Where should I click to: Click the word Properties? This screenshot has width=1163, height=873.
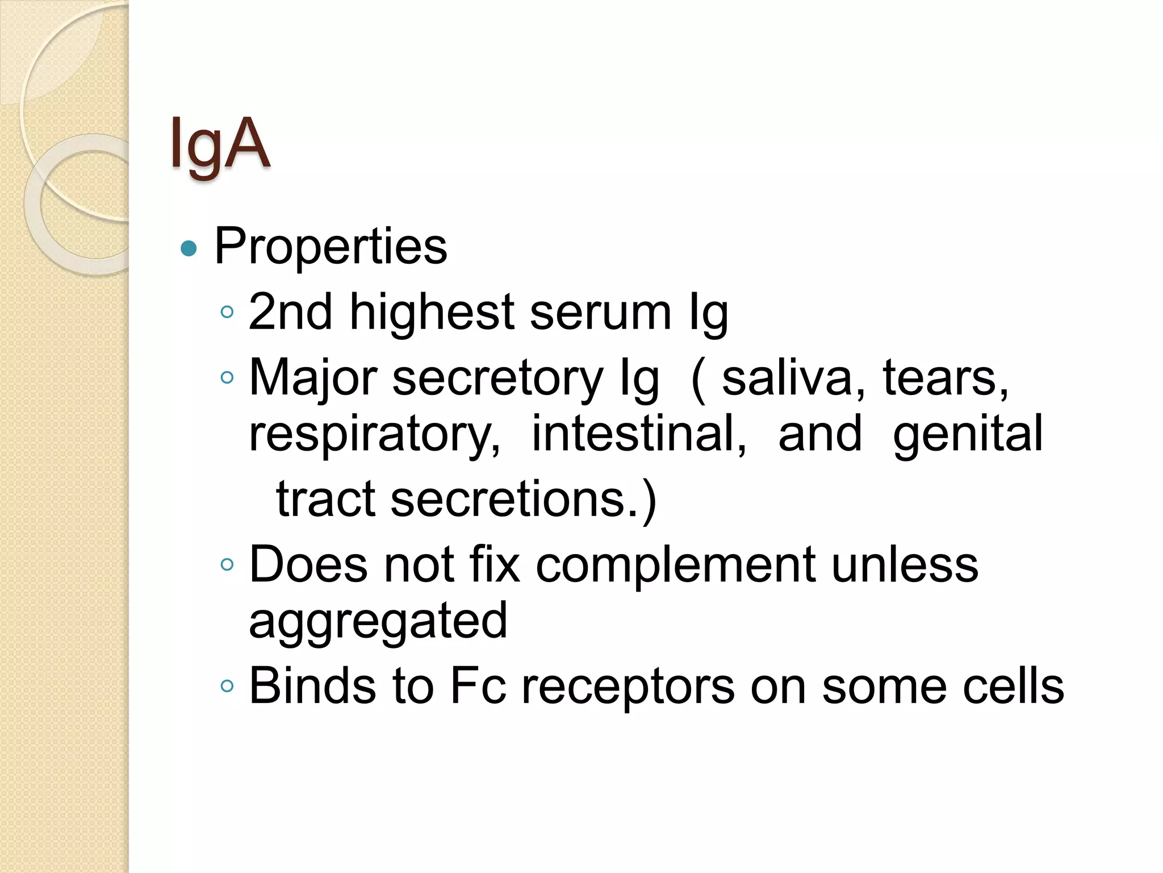click(331, 247)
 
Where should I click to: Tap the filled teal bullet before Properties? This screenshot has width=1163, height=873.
click(188, 248)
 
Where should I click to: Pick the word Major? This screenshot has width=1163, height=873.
click(313, 378)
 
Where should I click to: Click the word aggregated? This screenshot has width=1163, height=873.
click(378, 622)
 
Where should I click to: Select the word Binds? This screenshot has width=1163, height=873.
click(312, 686)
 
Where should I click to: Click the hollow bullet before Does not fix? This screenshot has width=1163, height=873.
click(227, 564)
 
